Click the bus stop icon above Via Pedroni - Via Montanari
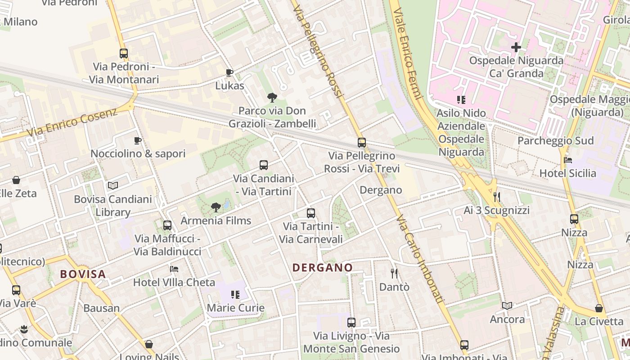pyautogui.click(x=124, y=54)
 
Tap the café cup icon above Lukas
pyautogui.click(x=229, y=72)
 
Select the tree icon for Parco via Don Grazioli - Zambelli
pyautogui.click(x=272, y=97)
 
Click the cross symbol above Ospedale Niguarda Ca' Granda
pyautogui.click(x=516, y=47)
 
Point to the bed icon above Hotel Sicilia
pyautogui.click(x=567, y=160)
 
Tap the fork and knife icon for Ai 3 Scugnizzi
pyautogui.click(x=497, y=197)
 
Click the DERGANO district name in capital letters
pyautogui.click(x=323, y=267)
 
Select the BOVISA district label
pyautogui.click(x=83, y=274)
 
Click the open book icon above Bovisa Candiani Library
pyautogui.click(x=113, y=185)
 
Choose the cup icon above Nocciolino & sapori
pyautogui.click(x=138, y=140)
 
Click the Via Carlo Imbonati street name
pyautogui.click(x=420, y=259)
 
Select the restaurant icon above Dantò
pyautogui.click(x=394, y=273)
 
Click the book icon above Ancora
pyautogui.click(x=507, y=306)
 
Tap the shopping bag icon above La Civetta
pyautogui.click(x=599, y=308)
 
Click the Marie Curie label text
pyautogui.click(x=235, y=308)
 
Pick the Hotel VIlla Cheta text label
pyautogui.click(x=174, y=282)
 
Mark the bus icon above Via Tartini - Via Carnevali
pyautogui.click(x=311, y=213)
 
